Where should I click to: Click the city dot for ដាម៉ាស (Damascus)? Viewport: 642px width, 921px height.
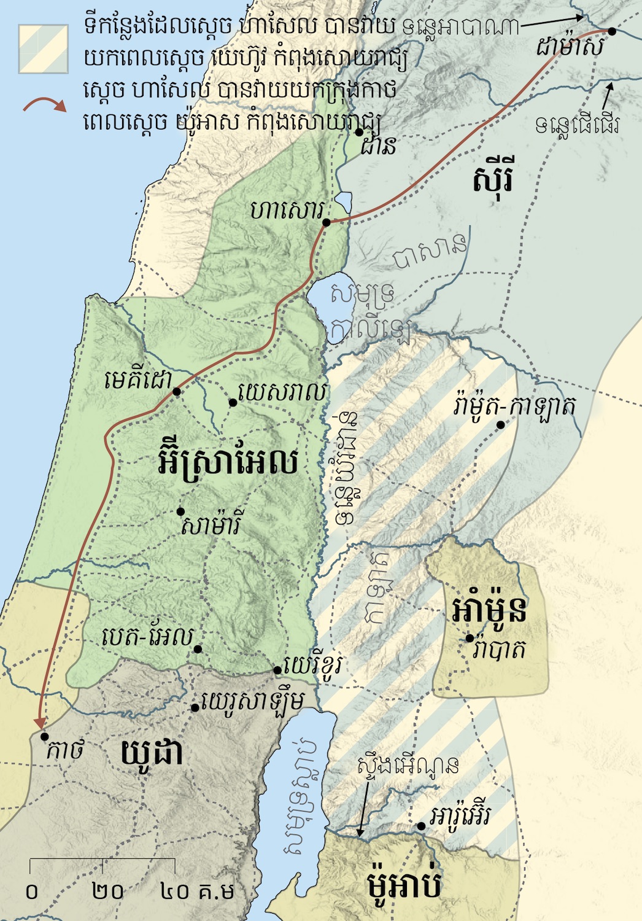point(611,31)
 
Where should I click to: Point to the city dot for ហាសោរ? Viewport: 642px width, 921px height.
point(327,222)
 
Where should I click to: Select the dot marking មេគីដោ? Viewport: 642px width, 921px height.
point(177,391)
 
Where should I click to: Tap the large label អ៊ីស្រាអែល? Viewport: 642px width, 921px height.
point(228,462)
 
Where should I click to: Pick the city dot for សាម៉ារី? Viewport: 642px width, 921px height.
point(180,511)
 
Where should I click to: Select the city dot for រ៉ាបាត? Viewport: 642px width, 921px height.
point(470,639)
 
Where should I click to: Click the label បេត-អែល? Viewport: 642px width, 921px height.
point(147,637)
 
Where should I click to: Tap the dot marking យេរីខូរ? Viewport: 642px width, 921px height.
point(278,670)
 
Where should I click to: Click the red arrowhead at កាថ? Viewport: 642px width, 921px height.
point(40,722)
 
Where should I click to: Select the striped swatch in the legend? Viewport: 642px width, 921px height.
point(43,49)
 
